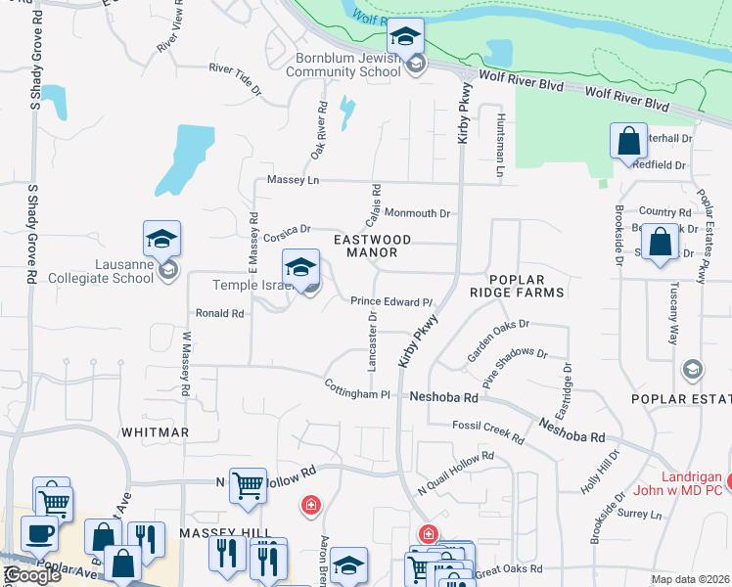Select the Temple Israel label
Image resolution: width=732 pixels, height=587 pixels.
pyautogui.click(x=253, y=286)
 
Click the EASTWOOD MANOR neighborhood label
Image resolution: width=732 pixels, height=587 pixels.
pyautogui.click(x=371, y=245)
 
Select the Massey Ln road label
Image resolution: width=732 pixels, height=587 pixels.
pyautogui.click(x=294, y=181)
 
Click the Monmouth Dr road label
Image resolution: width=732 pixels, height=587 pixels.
pyautogui.click(x=417, y=213)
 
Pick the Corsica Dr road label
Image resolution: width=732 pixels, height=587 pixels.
pyautogui.click(x=287, y=234)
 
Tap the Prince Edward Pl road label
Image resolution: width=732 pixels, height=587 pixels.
pyautogui.click(x=391, y=301)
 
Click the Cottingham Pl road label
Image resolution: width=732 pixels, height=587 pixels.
pyautogui.click(x=358, y=388)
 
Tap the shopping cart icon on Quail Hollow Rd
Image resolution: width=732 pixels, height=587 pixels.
pyautogui.click(x=248, y=484)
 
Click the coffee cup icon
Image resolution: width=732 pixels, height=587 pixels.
pyautogui.click(x=39, y=534)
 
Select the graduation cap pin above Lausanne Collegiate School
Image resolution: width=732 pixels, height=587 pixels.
pyautogui.click(x=161, y=238)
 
